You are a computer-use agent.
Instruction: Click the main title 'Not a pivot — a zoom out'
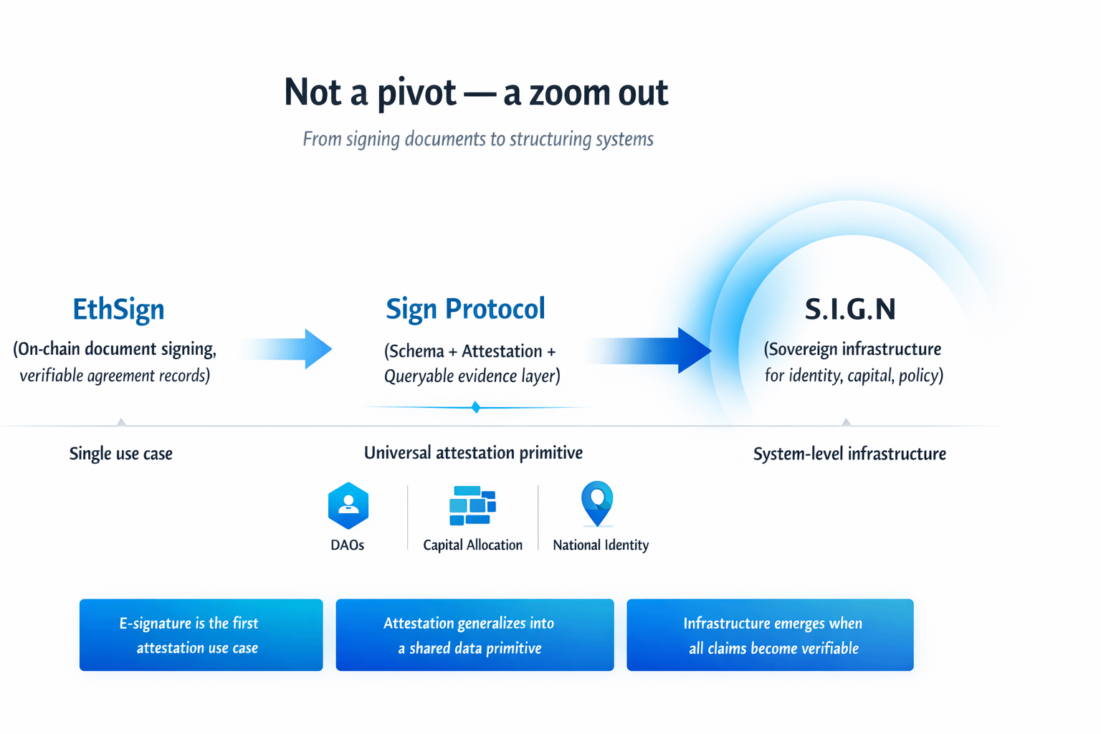click(x=476, y=92)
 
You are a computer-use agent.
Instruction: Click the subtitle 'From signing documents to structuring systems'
click(x=477, y=138)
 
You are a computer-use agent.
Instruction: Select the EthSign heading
click(x=118, y=309)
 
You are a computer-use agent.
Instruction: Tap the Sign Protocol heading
click(x=465, y=309)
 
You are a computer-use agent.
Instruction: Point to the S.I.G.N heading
click(x=850, y=310)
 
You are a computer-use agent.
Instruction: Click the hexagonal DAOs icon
click(x=348, y=505)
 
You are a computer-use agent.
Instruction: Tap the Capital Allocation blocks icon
click(x=472, y=505)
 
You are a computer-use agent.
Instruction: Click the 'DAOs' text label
click(x=348, y=545)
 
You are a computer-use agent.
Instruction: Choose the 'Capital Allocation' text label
click(x=472, y=545)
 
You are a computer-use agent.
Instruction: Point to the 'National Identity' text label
click(x=601, y=545)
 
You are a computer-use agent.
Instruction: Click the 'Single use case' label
click(x=120, y=454)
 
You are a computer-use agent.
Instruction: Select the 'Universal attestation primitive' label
click(x=473, y=453)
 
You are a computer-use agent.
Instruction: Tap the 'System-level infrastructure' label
click(x=849, y=454)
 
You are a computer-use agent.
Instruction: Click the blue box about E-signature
click(x=201, y=635)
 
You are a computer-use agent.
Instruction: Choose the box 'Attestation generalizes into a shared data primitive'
click(x=475, y=635)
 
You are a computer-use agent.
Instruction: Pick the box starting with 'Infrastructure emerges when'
click(x=770, y=635)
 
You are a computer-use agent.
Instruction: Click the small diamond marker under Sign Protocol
click(x=476, y=407)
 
